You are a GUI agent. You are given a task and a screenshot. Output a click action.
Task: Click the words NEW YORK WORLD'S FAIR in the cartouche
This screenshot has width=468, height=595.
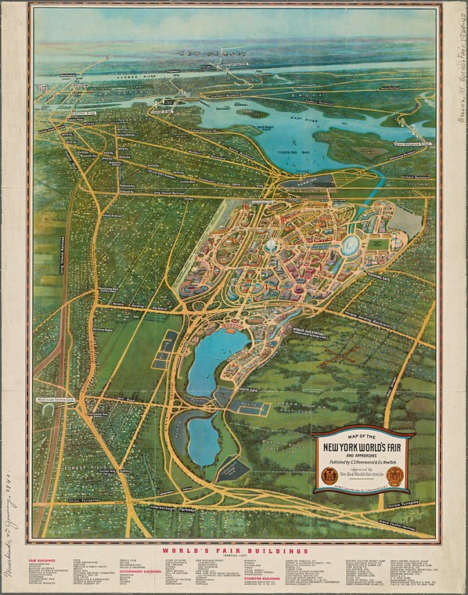coord(363,448)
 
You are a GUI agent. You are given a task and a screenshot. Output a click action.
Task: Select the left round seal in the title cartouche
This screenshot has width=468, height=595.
coord(329,475)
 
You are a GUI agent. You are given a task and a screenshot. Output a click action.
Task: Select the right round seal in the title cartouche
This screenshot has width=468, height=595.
coord(395,476)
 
